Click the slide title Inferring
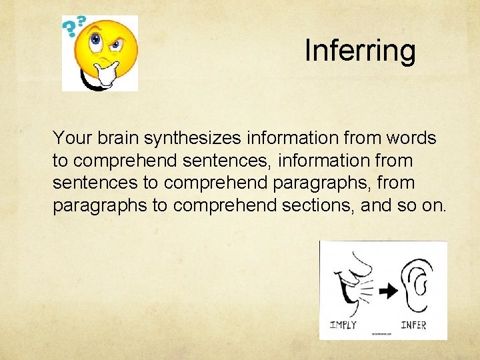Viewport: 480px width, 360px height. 360,50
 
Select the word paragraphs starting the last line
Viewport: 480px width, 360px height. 100,205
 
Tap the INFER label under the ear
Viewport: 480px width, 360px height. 413,325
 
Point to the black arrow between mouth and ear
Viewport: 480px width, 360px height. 389,290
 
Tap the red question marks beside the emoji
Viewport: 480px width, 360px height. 73,27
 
